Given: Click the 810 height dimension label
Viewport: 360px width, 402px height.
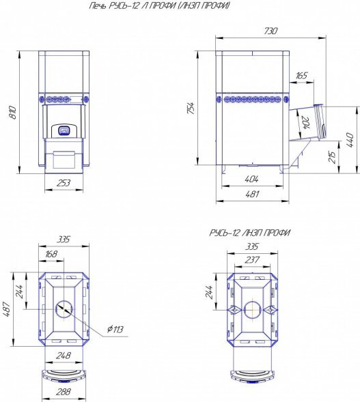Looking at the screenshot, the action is pyautogui.click(x=13, y=112).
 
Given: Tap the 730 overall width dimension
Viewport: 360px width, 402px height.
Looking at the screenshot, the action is pyautogui.click(x=271, y=31).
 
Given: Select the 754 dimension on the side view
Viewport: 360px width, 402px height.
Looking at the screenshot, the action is pyautogui.click(x=191, y=108).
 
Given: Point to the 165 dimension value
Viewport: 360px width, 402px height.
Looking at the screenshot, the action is pyautogui.click(x=301, y=75).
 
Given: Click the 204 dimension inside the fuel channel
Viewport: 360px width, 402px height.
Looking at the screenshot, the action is pyautogui.click(x=306, y=123).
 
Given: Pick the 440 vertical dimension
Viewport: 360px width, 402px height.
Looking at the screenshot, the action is pyautogui.click(x=350, y=140).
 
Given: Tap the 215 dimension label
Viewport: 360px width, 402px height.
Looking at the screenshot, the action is pyautogui.click(x=332, y=157).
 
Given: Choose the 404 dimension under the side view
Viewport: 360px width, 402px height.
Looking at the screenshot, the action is pyautogui.click(x=251, y=179).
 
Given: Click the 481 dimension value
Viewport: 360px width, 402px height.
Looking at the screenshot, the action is pyautogui.click(x=252, y=194).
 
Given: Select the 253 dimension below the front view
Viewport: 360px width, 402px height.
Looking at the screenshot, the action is pyautogui.click(x=64, y=183).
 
